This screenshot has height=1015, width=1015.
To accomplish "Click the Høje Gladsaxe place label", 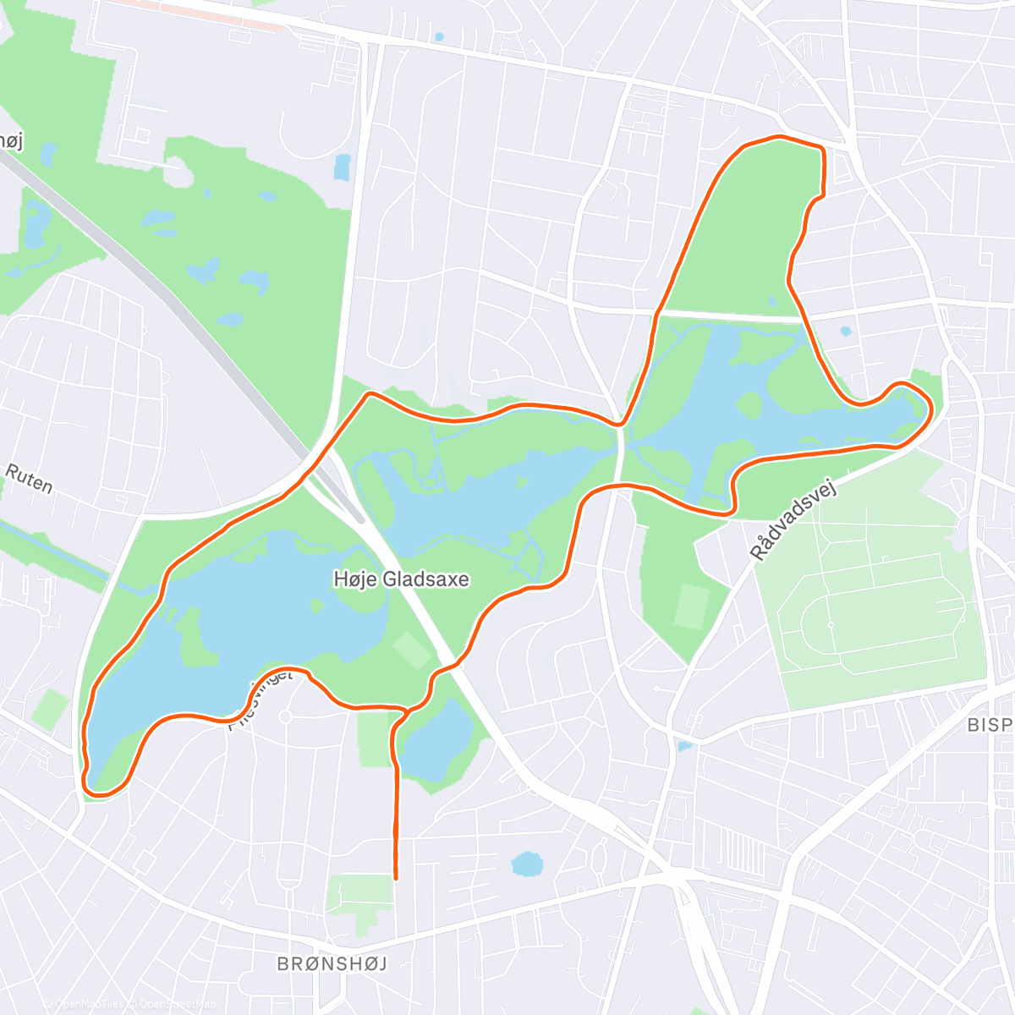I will [401, 579].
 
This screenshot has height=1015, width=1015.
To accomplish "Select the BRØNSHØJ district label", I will [332, 963].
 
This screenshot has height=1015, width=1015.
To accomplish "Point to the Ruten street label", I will [29, 478].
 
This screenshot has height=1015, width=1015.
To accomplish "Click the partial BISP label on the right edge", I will [990, 725].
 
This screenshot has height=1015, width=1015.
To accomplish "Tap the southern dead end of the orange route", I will [396, 877].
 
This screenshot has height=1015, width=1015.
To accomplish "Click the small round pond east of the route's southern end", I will [527, 864].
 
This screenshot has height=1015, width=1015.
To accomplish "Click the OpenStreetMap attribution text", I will [173, 1004].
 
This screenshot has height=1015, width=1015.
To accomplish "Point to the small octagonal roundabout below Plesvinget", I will [285, 717].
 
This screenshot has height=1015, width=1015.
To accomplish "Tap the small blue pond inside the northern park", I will [771, 299].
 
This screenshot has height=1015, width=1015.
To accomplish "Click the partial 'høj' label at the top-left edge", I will [10, 140].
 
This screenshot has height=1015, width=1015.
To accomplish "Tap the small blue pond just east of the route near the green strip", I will [845, 331].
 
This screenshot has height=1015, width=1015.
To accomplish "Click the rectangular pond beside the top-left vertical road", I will [342, 167].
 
